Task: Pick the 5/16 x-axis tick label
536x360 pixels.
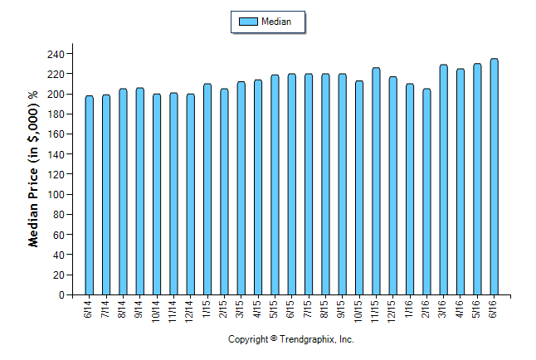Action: pos(477,307)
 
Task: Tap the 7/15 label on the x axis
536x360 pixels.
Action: pos(308,307)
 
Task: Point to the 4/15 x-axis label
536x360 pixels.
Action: pos(257,307)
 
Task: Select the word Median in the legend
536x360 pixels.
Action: pos(275,22)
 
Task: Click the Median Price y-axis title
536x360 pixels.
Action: pos(34,170)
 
